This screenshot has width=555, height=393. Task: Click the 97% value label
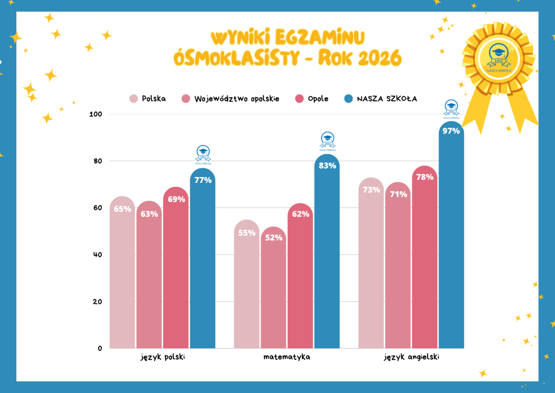click(451, 131)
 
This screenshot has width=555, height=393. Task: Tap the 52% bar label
click(274, 237)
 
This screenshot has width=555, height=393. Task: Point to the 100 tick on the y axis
click(95, 114)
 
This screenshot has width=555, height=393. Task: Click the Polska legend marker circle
click(133, 98)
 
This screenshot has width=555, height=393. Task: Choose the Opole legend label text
click(318, 98)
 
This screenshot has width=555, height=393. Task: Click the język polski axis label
click(163, 357)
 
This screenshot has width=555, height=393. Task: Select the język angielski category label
click(411, 357)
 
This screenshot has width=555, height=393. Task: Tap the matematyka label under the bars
click(287, 357)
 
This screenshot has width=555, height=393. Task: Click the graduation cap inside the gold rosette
click(499, 52)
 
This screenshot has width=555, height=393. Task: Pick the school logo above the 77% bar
click(203, 155)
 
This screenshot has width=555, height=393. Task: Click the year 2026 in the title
click(380, 58)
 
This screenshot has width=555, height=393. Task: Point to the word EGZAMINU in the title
click(320, 37)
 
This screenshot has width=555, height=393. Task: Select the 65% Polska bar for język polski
click(122, 272)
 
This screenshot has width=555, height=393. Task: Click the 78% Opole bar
click(424, 257)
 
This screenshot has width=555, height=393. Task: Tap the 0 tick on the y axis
click(100, 348)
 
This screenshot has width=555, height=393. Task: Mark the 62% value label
click(300, 214)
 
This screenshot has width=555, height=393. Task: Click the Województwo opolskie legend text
click(237, 98)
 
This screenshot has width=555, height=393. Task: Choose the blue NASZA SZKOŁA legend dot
click(349, 98)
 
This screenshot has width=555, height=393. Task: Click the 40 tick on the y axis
click(98, 255)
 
